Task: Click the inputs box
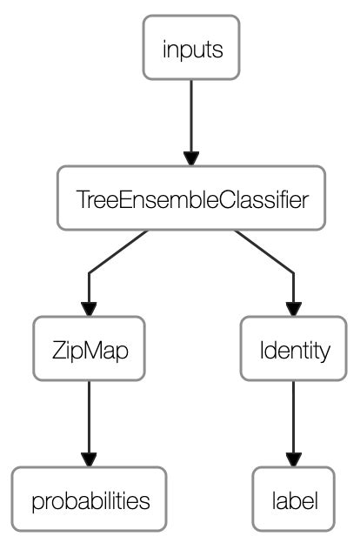pyautogui.click(x=191, y=49)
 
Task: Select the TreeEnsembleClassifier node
pyautogui.click(x=191, y=199)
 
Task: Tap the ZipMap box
pyautogui.click(x=88, y=351)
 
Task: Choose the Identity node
pyautogui.click(x=294, y=351)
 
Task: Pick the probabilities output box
pyautogui.click(x=88, y=501)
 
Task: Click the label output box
pyautogui.click(x=294, y=501)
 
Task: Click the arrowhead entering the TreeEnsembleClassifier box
pyautogui.click(x=191, y=158)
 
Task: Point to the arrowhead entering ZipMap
pyautogui.click(x=88, y=309)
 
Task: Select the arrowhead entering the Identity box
pyautogui.click(x=294, y=309)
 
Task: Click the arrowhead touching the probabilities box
pyautogui.click(x=88, y=459)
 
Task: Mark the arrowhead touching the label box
pyautogui.click(x=294, y=459)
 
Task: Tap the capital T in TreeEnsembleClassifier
pyautogui.click(x=81, y=200)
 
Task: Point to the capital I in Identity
pyautogui.click(x=262, y=352)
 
